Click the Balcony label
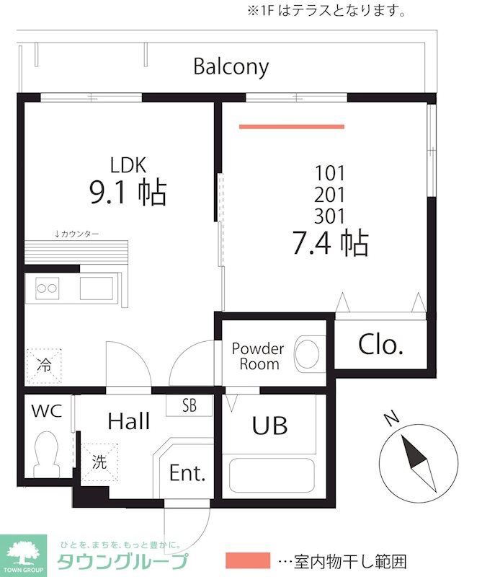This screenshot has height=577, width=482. (231, 67)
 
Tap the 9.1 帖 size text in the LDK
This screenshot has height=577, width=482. (128, 193)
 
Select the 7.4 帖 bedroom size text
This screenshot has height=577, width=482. (330, 243)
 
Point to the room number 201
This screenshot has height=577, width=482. (330, 195)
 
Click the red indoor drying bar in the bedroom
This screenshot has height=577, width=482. (292, 127)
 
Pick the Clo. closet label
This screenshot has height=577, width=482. (381, 345)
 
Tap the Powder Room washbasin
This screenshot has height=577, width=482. (307, 353)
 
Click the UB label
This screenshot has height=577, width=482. (269, 426)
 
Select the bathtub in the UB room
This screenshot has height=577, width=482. (272, 475)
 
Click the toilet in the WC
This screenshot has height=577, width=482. (47, 455)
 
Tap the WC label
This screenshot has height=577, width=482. (47, 410)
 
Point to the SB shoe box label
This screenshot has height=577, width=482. (189, 405)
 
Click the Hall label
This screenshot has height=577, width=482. (129, 421)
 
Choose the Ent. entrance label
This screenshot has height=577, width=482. (187, 473)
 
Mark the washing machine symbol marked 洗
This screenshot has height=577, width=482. (99, 462)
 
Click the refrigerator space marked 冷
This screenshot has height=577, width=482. (44, 366)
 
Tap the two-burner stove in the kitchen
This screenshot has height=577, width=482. (47, 288)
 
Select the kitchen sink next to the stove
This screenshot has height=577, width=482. (97, 288)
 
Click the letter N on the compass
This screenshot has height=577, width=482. (391, 418)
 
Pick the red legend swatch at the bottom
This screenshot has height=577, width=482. (248, 560)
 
